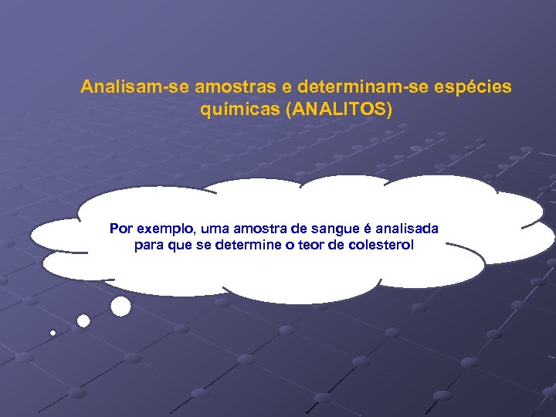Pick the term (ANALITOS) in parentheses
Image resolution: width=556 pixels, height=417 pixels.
(339, 110)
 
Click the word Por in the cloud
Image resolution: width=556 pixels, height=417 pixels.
(120, 229)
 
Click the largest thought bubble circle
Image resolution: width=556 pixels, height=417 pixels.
(120, 307)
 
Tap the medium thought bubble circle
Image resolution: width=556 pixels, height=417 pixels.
(83, 320)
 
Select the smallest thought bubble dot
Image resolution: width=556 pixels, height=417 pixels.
(53, 333)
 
